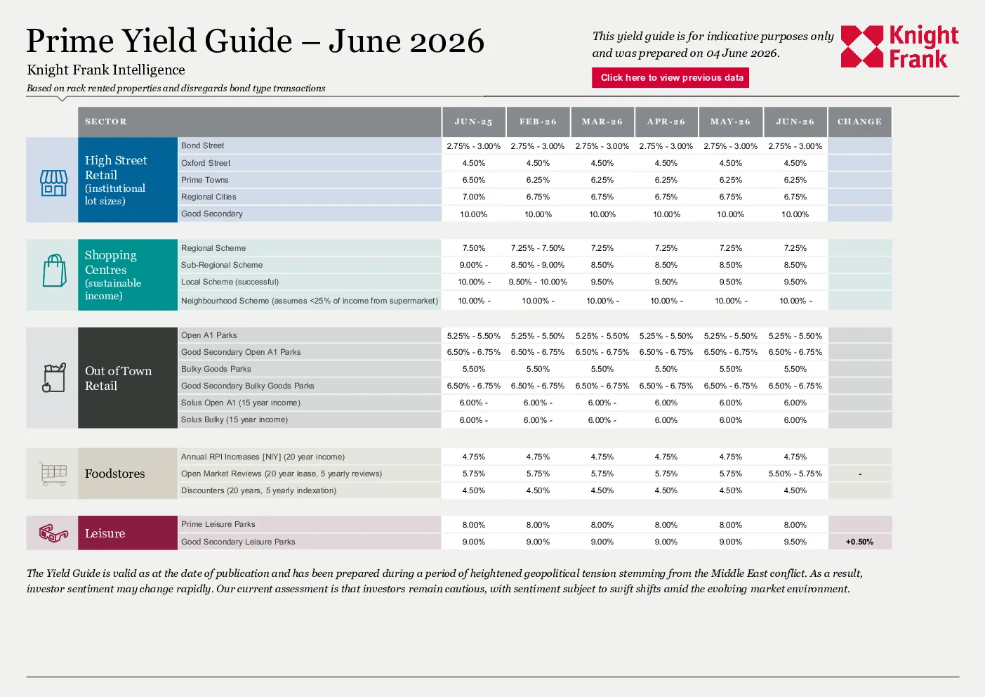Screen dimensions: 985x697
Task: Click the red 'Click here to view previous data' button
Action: (670, 78)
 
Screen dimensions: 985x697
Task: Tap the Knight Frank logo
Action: (899, 46)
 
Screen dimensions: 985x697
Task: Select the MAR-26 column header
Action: (602, 122)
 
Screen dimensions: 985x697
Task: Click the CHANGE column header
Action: (859, 122)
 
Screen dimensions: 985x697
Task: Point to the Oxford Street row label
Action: (206, 163)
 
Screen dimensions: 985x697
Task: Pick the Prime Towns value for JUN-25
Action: (474, 180)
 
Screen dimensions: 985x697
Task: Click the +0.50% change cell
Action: (859, 542)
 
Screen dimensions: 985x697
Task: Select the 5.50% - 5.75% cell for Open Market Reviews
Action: (795, 474)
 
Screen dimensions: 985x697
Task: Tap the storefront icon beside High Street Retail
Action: (53, 183)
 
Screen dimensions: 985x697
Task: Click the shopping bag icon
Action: (55, 271)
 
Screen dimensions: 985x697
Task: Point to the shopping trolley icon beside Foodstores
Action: (53, 474)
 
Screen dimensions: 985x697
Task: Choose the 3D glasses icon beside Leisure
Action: (53, 533)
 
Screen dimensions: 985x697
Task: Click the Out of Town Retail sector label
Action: (118, 378)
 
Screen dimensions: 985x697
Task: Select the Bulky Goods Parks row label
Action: (216, 369)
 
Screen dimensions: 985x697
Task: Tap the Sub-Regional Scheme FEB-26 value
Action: (537, 265)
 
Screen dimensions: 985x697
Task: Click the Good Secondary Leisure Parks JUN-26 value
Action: (795, 542)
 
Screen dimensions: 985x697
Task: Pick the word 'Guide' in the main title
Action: (248, 41)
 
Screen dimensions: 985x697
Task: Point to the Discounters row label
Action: (258, 490)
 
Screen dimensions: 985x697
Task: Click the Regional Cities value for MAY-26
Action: (730, 197)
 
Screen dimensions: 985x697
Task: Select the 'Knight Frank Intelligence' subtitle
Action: (106, 70)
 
